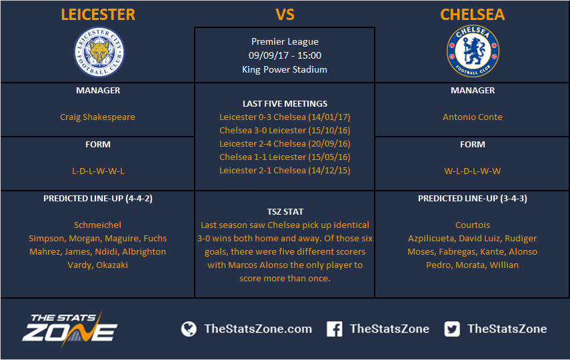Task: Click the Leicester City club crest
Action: tap(99, 51)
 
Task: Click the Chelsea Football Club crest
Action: tap(473, 51)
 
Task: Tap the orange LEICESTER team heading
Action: tap(98, 15)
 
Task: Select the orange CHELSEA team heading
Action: tap(473, 15)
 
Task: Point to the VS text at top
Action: tap(285, 15)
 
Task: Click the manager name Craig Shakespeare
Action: tap(97, 117)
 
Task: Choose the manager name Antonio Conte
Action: tap(473, 117)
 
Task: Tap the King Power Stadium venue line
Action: tap(285, 69)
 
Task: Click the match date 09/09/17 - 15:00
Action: tap(285, 55)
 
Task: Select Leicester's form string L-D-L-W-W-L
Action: tap(98, 171)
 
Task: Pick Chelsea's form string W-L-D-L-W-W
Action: tap(473, 171)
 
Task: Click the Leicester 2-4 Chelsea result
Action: tap(285, 143)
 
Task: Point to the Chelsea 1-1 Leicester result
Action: tap(285, 157)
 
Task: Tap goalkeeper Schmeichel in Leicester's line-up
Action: tap(97, 225)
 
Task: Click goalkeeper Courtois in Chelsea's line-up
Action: tap(473, 225)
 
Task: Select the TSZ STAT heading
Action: tap(285, 211)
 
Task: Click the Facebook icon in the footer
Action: tap(334, 329)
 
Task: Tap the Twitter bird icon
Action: tap(452, 329)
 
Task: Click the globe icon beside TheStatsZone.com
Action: tap(189, 329)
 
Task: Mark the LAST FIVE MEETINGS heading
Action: tap(285, 103)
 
